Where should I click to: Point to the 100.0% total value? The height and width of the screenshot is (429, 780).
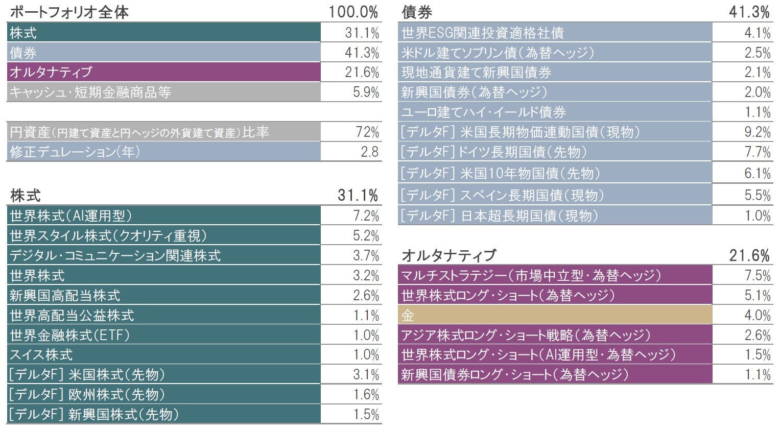click(x=353, y=12)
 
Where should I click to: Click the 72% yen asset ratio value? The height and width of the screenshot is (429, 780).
click(x=367, y=132)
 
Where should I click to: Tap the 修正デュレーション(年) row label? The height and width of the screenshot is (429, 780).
click(x=75, y=152)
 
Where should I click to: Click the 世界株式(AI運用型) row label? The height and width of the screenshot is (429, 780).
click(x=70, y=216)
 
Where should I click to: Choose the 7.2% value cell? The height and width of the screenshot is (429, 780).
click(x=366, y=216)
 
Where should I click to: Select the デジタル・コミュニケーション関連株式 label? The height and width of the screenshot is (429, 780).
click(x=115, y=255)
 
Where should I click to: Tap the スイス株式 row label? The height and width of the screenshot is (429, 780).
click(x=41, y=355)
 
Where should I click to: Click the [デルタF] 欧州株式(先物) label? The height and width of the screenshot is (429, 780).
click(x=87, y=395)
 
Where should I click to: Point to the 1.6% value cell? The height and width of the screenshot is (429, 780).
click(x=366, y=395)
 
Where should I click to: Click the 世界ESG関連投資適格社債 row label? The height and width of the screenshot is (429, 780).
click(x=483, y=33)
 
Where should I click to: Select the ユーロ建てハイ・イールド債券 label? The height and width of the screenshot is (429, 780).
click(x=484, y=112)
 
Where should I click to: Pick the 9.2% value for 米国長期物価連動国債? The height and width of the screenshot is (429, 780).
click(x=757, y=132)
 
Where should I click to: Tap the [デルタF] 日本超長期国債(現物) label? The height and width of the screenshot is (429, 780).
click(x=499, y=216)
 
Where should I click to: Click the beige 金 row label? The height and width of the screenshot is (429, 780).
click(x=408, y=316)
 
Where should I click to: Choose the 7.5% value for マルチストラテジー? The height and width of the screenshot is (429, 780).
click(x=757, y=276)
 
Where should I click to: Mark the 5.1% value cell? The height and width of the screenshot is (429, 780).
click(x=757, y=296)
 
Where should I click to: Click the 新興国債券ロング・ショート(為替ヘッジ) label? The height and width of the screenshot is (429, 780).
click(x=514, y=375)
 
